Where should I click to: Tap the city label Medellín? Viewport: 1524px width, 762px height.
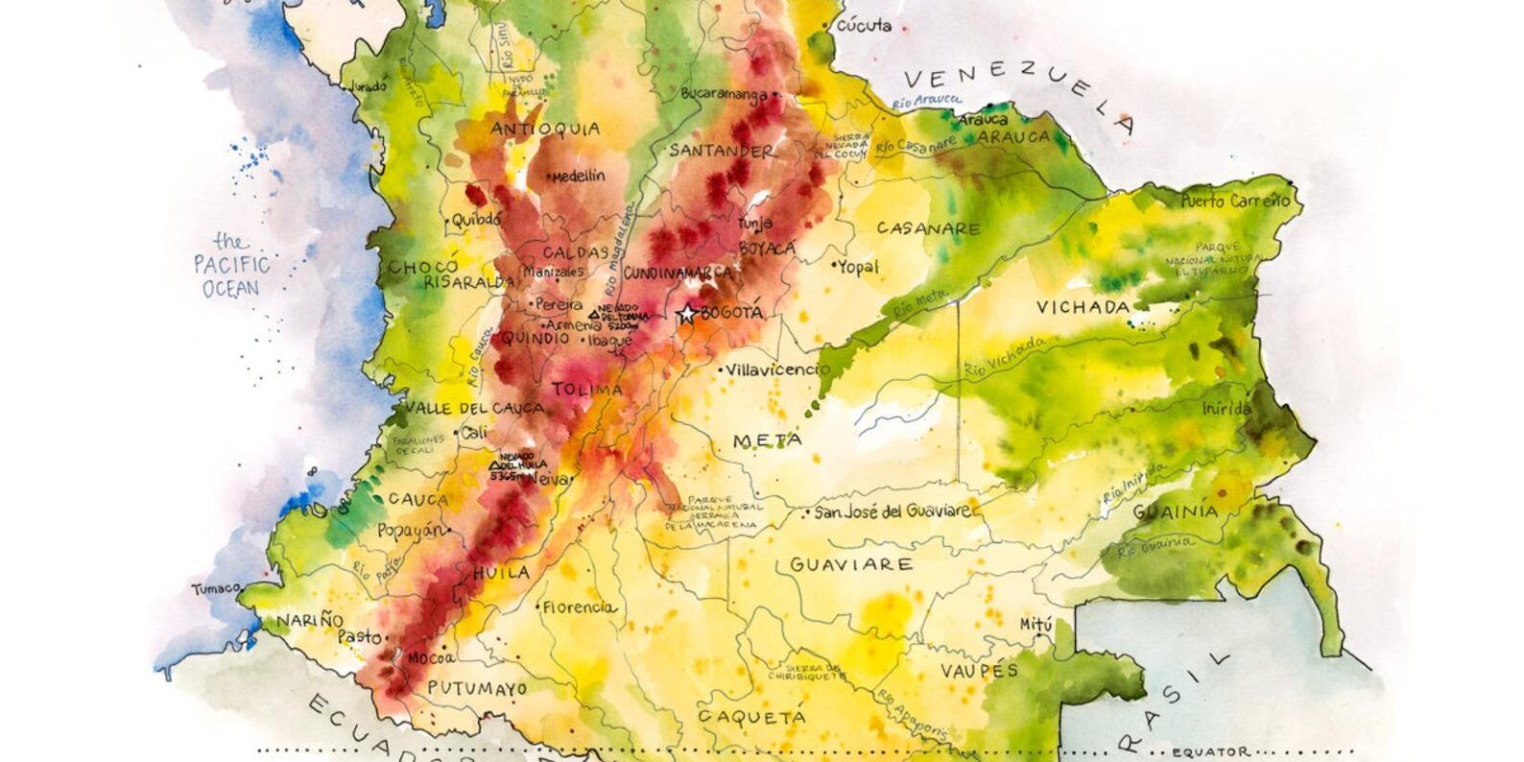[x=579, y=176]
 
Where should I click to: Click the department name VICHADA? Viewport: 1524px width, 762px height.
[x=1083, y=307]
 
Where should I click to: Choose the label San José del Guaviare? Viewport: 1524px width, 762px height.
[x=893, y=512]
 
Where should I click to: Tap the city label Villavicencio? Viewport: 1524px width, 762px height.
[x=778, y=369]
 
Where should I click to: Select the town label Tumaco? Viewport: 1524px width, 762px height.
[x=214, y=588]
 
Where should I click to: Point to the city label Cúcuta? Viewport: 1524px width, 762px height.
[x=865, y=27]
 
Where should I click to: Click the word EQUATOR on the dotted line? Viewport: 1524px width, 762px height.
[x=1211, y=751]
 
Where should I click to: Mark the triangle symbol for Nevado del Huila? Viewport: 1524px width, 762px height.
[x=495, y=465]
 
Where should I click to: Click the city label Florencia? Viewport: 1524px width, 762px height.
[x=578, y=607]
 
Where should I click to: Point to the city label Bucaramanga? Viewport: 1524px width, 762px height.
[x=724, y=94]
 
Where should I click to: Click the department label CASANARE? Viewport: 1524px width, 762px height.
[x=928, y=229]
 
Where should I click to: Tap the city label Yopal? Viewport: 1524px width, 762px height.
[x=858, y=266]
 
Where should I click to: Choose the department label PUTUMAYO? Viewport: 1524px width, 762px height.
[x=477, y=688]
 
